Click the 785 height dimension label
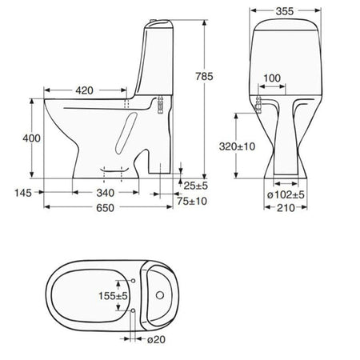click(204, 77)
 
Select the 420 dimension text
click(84, 90)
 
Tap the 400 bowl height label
click(31, 138)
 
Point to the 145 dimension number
click(23, 193)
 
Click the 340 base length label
click(106, 193)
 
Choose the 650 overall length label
click(106, 208)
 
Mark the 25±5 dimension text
click(195, 186)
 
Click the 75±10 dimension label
click(192, 201)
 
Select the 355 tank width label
click(285, 11)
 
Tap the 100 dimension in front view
click(272, 78)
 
